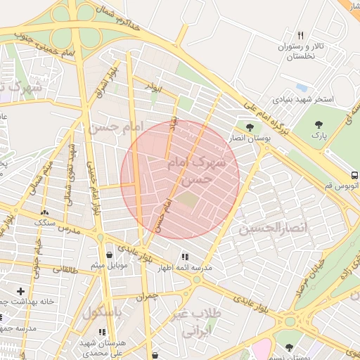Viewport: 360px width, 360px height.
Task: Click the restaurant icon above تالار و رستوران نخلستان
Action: pyautogui.click(x=301, y=35)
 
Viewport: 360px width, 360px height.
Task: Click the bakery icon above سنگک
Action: pyautogui.click(x=45, y=212)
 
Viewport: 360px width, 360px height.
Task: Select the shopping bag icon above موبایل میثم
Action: pyautogui.click(x=108, y=255)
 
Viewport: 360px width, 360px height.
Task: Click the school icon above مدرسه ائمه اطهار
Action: pyautogui.click(x=185, y=257)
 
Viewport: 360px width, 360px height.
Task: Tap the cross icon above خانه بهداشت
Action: pyautogui.click(x=20, y=290)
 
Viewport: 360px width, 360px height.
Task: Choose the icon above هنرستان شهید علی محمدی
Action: pyautogui.click(x=102, y=331)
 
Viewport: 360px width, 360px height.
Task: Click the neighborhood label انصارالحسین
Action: pyautogui.click(x=274, y=229)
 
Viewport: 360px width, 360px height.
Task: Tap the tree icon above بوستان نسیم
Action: pyautogui.click(x=289, y=347)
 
